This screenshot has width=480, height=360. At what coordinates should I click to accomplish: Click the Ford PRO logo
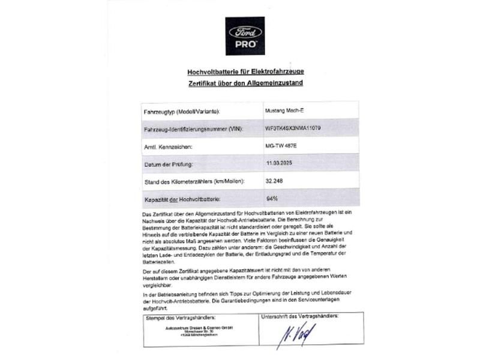pos(245,35)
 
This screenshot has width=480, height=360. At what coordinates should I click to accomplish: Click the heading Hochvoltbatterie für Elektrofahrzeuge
pos(245,71)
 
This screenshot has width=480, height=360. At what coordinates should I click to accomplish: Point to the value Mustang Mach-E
pos(284,111)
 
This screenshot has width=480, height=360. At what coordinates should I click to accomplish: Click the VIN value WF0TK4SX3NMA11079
pos(293,128)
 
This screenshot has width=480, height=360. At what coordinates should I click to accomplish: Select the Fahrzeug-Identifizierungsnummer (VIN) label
pos(192,129)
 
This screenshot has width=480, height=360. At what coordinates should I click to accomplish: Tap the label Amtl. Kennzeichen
pos(173,146)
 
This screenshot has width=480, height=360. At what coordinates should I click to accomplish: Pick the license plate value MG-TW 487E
pos(281,146)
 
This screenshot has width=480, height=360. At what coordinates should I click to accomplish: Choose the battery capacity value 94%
pos(271,197)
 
